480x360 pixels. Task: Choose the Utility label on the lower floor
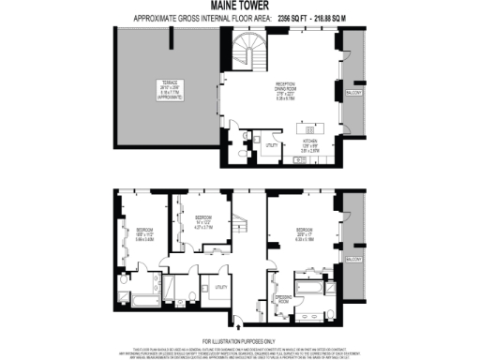(221, 287)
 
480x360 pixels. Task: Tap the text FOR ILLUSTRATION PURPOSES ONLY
(239, 340)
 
